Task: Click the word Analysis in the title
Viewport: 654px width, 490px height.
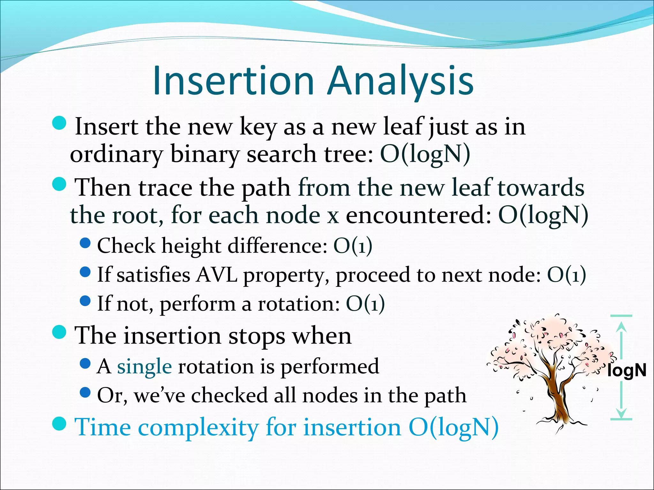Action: pos(400,81)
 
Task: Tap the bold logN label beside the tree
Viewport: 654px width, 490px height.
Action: pos(627,370)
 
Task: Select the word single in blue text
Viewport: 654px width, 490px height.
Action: pos(144,367)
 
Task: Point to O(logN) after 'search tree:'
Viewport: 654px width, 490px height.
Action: pos(425,154)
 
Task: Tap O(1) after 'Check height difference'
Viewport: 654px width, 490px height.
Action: pos(353,246)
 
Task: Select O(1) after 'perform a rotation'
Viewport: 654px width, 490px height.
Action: pos(365,303)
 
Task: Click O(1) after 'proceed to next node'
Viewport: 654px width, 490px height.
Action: pos(567,275)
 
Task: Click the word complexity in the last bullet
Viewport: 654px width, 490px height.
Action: pos(198,427)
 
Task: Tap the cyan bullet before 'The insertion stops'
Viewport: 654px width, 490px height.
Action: pos(59,332)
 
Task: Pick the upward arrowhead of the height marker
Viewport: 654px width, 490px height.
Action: pos(621,327)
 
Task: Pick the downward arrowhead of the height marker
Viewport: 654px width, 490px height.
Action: pos(621,413)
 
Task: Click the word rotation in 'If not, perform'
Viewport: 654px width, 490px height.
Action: pos(299,303)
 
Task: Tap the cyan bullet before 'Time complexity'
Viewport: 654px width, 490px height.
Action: pos(59,423)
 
